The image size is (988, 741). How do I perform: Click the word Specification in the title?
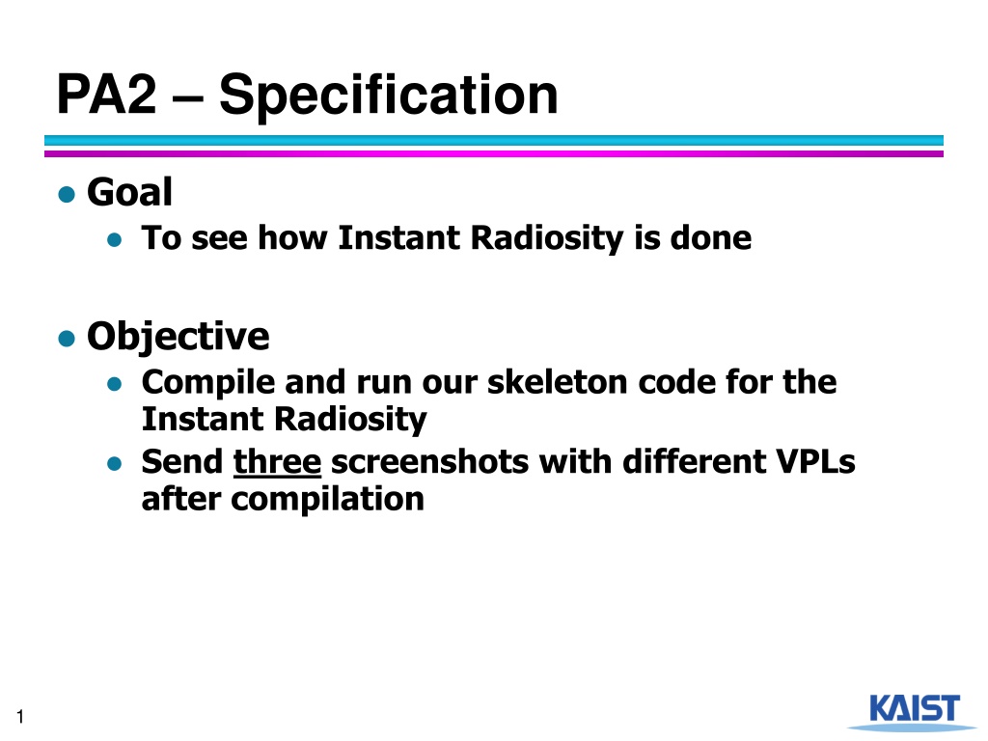388,95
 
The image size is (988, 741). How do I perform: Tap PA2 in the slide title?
106,94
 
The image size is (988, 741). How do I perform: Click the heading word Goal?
129,192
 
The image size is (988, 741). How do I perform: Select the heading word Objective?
178,336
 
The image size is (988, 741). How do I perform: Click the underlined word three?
277,461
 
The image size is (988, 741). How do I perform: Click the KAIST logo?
913,711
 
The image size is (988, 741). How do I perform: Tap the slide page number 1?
21,717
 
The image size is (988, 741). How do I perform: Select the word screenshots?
429,461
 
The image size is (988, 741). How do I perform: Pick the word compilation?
327,499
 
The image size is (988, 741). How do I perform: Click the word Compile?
208,382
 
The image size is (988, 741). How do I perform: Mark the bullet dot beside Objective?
67,339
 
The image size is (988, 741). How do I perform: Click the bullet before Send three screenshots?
114,464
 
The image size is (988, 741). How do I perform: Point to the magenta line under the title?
493,153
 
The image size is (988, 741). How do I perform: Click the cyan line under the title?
493,141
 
